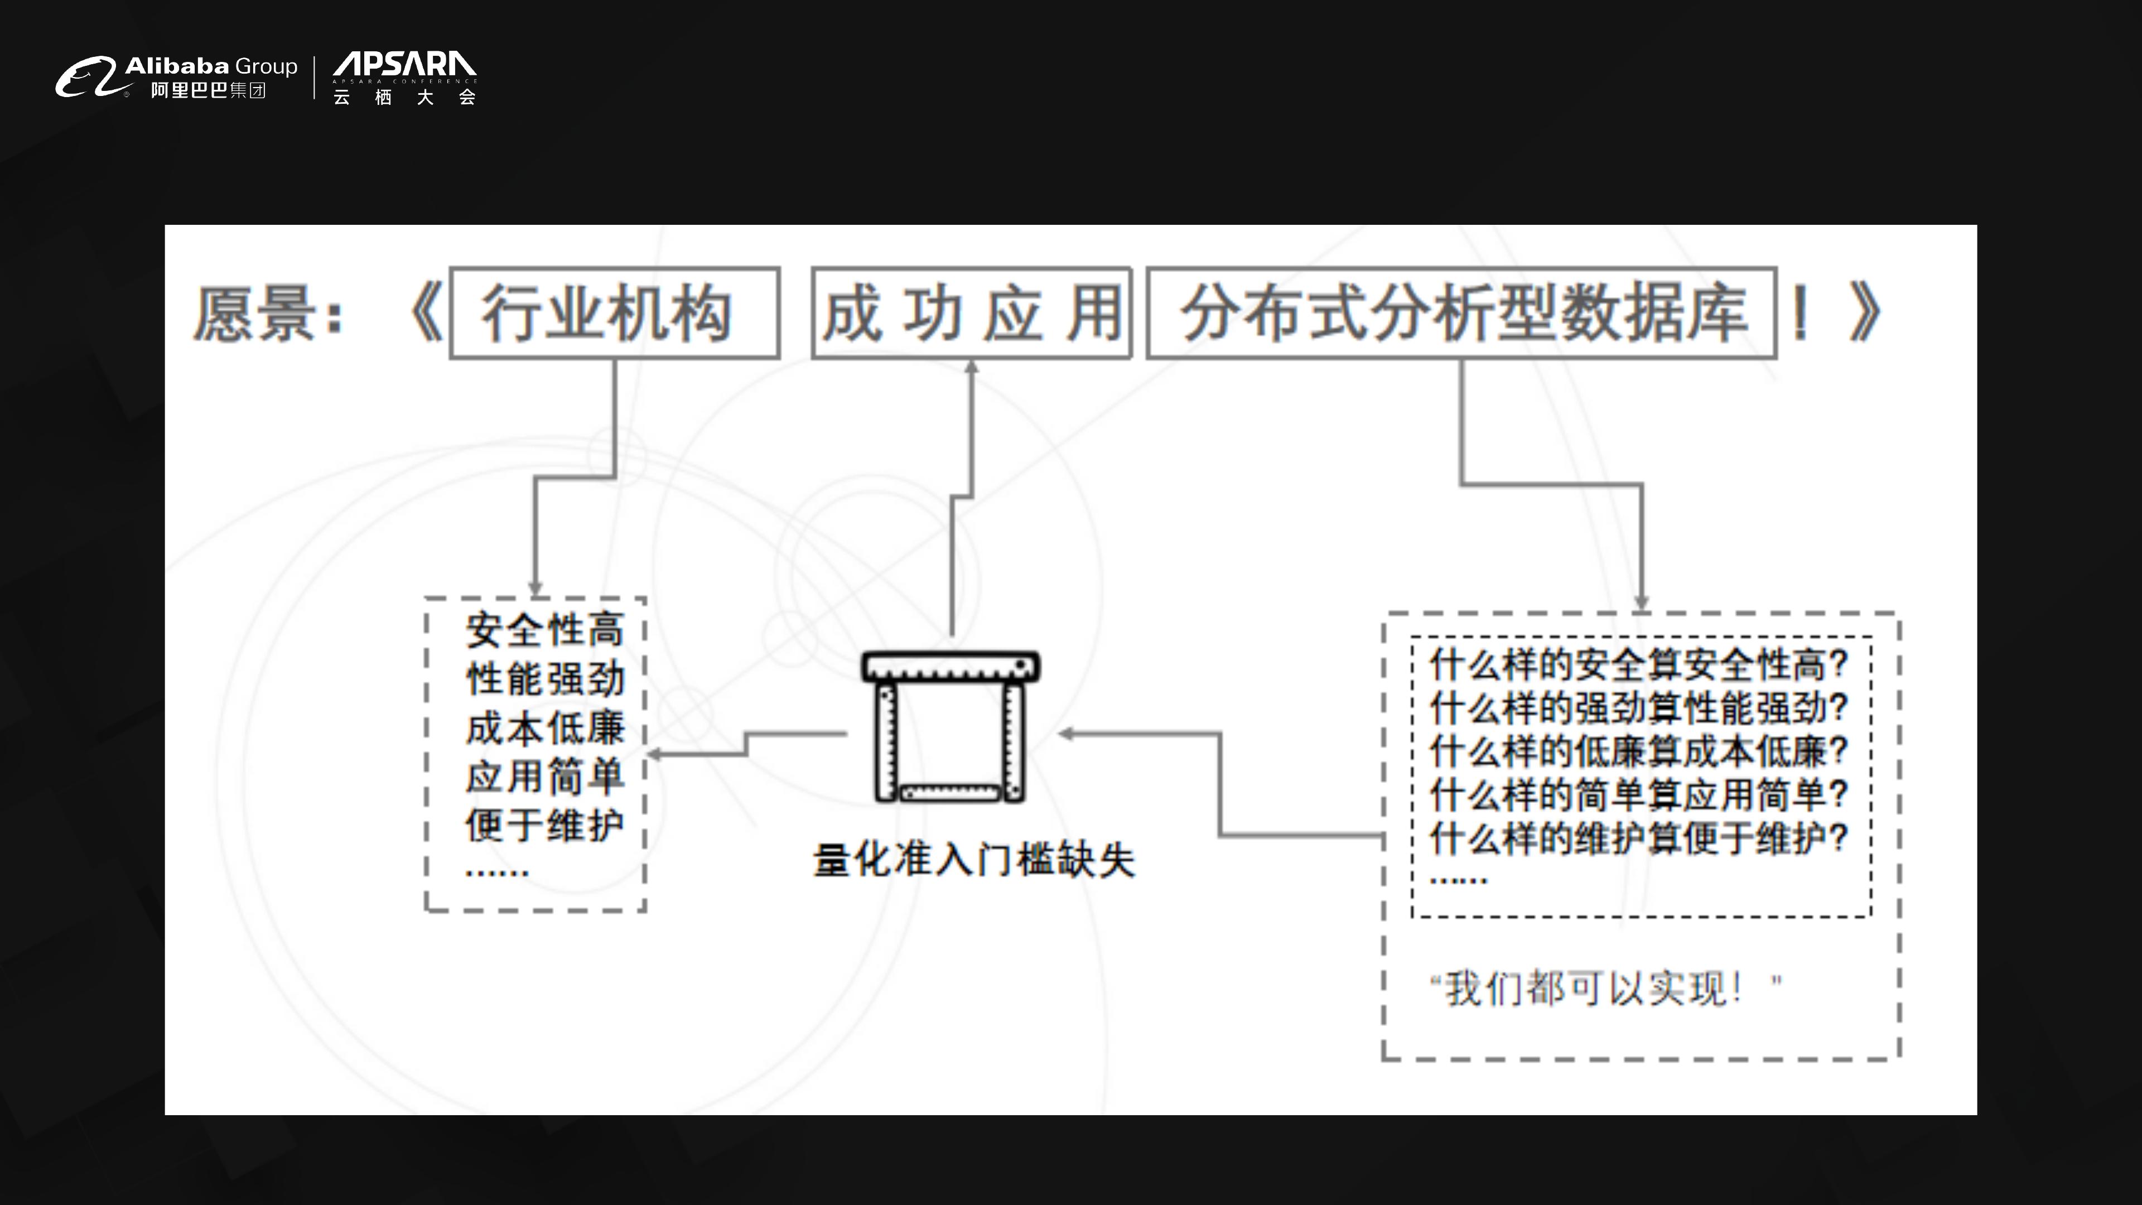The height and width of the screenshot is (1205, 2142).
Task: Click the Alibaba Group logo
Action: pyautogui.click(x=176, y=78)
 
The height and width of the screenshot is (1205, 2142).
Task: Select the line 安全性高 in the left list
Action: pyautogui.click(x=544, y=629)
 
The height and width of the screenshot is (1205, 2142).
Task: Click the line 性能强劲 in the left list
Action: pyautogui.click(x=544, y=678)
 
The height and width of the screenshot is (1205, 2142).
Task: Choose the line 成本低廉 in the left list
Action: pyautogui.click(x=544, y=727)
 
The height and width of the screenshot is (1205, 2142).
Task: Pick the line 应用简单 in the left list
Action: pyautogui.click(x=544, y=777)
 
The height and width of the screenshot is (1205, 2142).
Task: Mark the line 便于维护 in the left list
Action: pyautogui.click(x=544, y=826)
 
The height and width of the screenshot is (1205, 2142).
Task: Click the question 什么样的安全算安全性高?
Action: pyautogui.click(x=1638, y=664)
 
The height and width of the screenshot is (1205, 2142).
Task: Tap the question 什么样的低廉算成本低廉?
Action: pyautogui.click(x=1638, y=751)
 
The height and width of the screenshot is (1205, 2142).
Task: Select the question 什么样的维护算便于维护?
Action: pyautogui.click(x=1638, y=837)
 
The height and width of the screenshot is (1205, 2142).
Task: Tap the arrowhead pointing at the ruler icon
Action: pyautogui.click(x=1066, y=734)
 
